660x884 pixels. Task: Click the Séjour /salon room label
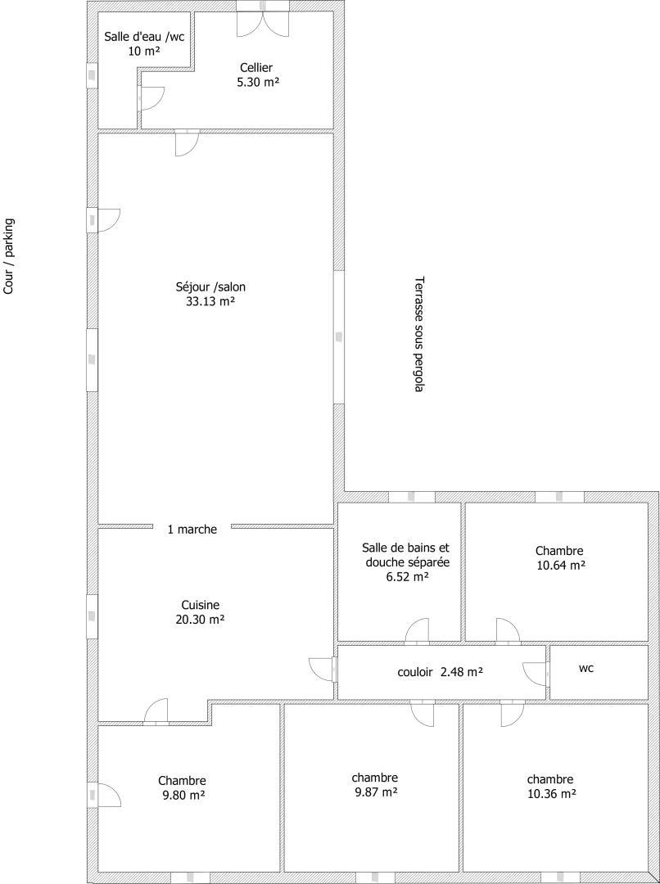coord(210,287)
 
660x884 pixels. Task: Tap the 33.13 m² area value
coord(210,301)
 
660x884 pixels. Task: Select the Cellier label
coord(256,68)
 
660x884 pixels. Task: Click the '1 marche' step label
coord(192,530)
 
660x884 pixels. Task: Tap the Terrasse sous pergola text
coord(418,334)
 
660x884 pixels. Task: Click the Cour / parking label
coord(8,256)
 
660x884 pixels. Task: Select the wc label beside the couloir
coord(586,669)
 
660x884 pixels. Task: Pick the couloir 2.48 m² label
coord(440,672)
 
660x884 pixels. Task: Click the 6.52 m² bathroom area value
coord(407,577)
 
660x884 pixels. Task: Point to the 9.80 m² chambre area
coord(182,796)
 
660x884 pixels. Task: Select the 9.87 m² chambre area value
coord(375,792)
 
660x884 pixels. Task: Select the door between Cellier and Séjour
coord(187,143)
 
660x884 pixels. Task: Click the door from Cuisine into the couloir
coord(323,670)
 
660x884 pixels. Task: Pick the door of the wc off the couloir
coord(536,673)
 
